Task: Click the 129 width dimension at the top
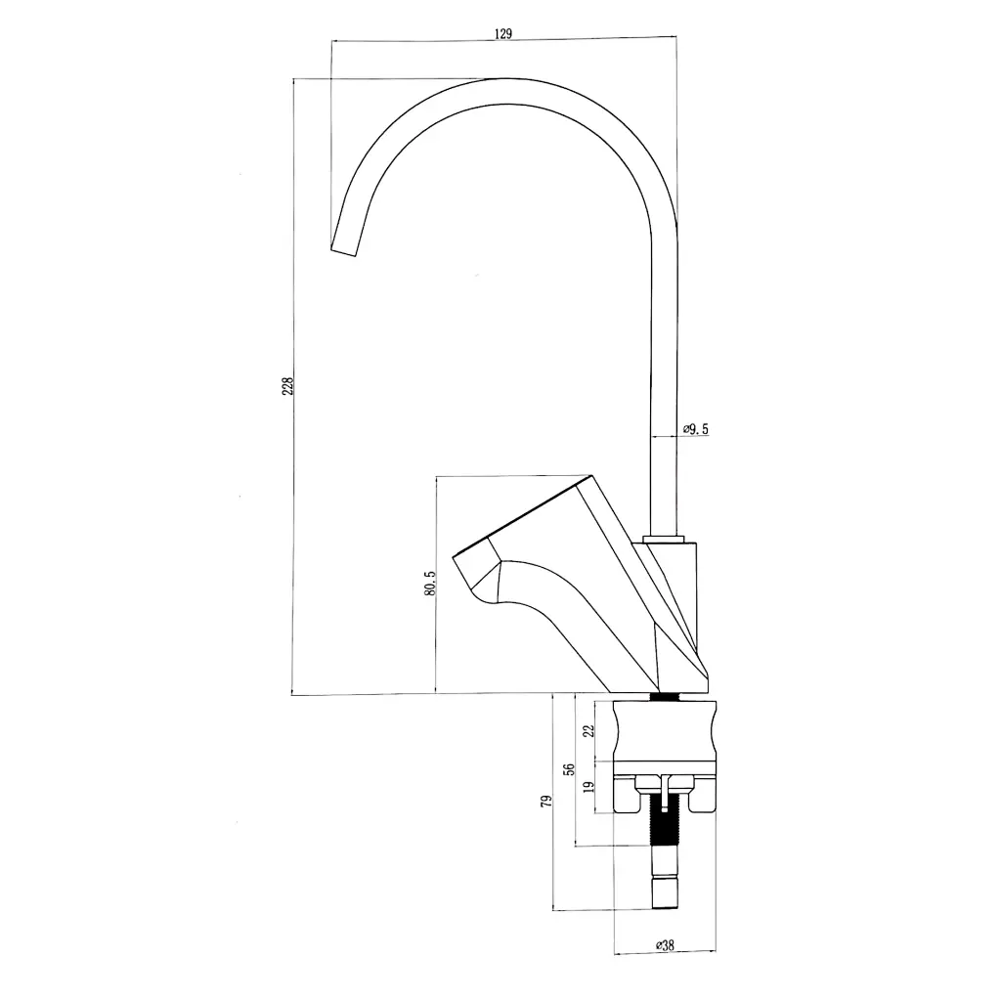coord(503,33)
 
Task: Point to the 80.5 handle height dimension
coord(429,585)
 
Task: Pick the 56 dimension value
coord(569,769)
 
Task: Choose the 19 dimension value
coord(587,787)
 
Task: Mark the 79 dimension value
coord(546,802)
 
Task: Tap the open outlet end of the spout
coord(345,250)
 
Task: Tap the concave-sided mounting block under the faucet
coord(664,730)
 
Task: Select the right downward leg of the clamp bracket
coord(702,796)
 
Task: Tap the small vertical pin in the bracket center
coord(664,787)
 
